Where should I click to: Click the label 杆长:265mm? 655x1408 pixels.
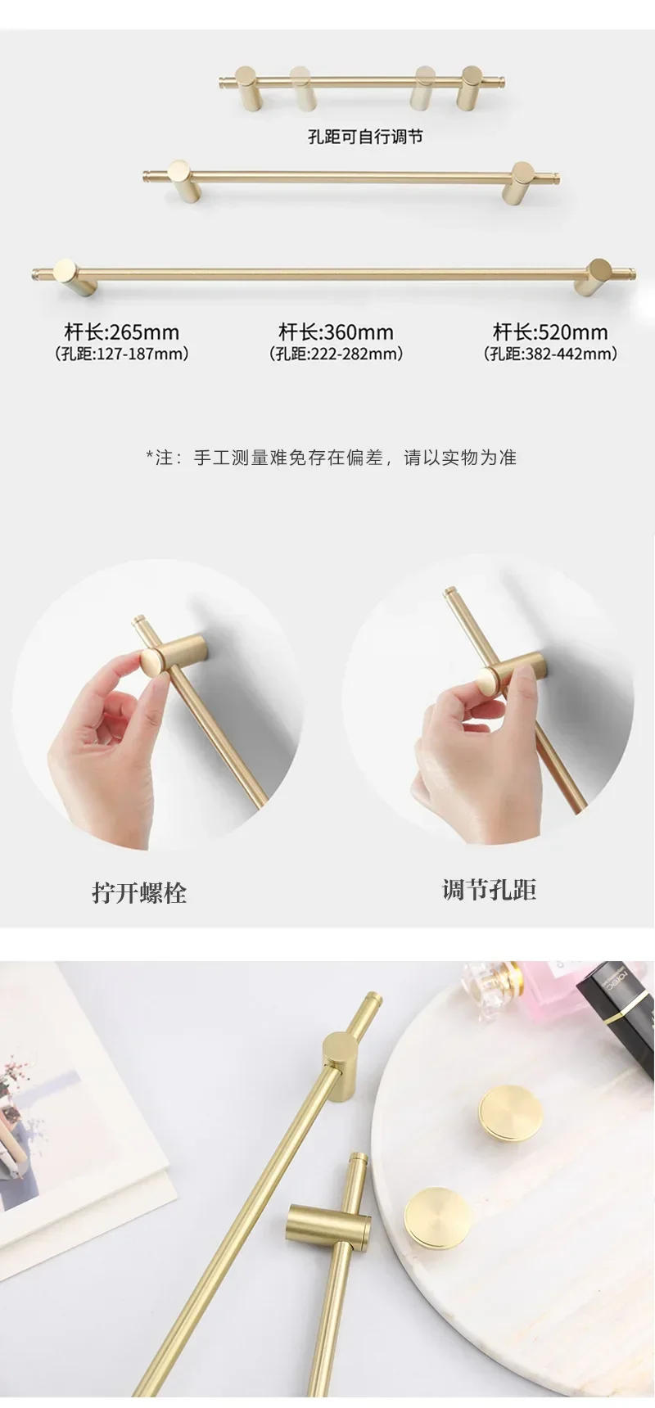pyautogui.click(x=121, y=332)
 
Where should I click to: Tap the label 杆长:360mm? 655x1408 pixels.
pyautogui.click(x=336, y=332)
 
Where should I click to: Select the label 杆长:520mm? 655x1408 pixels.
pyautogui.click(x=550, y=332)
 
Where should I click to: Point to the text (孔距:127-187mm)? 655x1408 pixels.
pyautogui.click(x=121, y=354)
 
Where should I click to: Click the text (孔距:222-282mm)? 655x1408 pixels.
pyautogui.click(x=336, y=354)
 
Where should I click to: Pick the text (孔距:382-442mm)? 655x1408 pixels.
pyautogui.click(x=550, y=354)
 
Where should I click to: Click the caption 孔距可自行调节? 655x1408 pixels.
pyautogui.click(x=364, y=137)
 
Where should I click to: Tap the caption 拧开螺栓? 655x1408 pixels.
pyautogui.click(x=139, y=892)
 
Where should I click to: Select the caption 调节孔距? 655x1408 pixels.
pyautogui.click(x=489, y=890)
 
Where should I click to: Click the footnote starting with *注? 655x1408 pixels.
pyautogui.click(x=331, y=458)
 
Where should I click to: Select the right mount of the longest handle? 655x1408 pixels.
pyautogui.click(x=596, y=277)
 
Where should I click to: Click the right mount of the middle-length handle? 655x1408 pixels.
pyautogui.click(x=522, y=180)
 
